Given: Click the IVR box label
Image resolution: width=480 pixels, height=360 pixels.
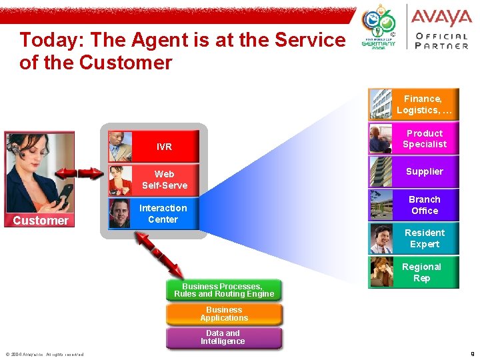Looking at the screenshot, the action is (x=164, y=147).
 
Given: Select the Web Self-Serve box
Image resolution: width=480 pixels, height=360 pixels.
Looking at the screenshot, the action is (x=164, y=180).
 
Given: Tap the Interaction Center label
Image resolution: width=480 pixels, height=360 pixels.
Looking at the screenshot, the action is (x=163, y=214).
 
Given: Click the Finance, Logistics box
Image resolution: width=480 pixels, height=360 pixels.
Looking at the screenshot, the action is (x=424, y=105).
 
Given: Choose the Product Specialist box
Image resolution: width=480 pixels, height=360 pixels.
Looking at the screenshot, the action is (x=424, y=139).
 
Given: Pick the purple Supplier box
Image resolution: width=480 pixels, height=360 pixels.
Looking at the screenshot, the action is (x=424, y=171).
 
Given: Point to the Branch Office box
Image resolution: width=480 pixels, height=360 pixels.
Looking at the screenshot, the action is (x=424, y=205).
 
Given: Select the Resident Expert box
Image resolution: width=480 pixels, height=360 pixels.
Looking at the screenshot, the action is (x=424, y=239).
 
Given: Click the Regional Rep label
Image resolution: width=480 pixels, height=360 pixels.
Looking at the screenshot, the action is (x=421, y=273).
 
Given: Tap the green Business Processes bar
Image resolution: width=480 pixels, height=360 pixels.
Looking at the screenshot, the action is (x=224, y=290).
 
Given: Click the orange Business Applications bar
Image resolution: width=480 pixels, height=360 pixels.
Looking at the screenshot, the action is (x=224, y=314).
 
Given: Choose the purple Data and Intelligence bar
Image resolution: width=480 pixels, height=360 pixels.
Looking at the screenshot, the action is (x=223, y=337).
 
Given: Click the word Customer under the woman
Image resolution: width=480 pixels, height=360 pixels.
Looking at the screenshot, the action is (x=41, y=221).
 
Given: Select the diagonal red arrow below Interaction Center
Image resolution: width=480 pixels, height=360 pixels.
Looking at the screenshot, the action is (x=158, y=254).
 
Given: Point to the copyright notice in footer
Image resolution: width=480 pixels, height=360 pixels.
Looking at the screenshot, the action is (x=45, y=355).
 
